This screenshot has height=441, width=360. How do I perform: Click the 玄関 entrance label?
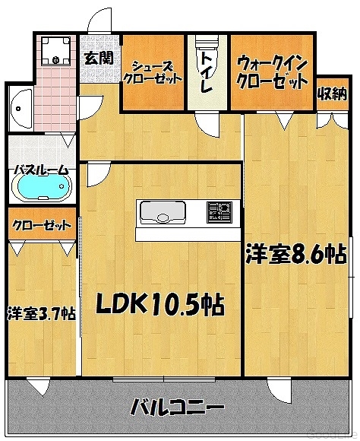(99, 59)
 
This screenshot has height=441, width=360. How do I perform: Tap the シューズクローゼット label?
(151, 73)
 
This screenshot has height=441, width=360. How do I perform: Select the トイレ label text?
(207, 72)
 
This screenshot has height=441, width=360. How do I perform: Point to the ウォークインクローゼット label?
(272, 72)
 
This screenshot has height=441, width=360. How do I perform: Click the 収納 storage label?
(333, 94)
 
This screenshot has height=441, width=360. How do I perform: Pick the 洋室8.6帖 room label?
(295, 255)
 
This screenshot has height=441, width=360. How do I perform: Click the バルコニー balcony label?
(178, 407)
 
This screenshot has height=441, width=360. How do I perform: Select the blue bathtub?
(43, 186)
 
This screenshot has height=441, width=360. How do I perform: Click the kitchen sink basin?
(163, 212)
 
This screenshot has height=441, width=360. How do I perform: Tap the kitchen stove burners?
(219, 212)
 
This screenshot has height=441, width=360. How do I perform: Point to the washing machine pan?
(55, 51)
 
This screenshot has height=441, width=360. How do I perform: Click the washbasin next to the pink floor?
(21, 108)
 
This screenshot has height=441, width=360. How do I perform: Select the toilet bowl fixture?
(207, 52)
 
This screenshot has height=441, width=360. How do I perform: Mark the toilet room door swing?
(207, 124)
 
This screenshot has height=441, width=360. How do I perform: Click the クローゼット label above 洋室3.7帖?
(42, 225)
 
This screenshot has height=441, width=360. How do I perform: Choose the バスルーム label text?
(42, 170)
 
